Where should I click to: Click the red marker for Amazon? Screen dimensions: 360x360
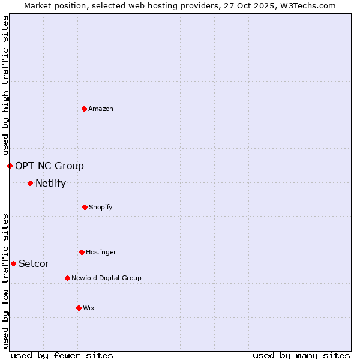click(85, 109)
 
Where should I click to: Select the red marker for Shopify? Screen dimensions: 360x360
click(85, 207)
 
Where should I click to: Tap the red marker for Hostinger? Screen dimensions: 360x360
click(82, 252)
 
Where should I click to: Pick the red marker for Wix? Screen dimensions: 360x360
click(79, 308)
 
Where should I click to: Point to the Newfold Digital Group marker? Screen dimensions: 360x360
click(67, 278)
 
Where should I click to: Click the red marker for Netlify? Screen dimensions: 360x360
click(30, 183)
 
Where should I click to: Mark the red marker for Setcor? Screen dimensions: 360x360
click(13, 263)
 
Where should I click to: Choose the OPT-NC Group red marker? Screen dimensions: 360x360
click(10, 166)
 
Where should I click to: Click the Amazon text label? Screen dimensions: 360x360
click(101, 109)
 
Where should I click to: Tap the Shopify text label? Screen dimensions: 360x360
click(101, 207)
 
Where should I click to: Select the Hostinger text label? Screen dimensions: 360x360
click(101, 252)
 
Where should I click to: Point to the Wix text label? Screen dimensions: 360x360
click(89, 308)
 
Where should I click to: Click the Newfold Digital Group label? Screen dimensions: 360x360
click(106, 278)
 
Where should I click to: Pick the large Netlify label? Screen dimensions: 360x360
click(50, 183)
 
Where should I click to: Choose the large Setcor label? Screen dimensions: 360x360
click(34, 263)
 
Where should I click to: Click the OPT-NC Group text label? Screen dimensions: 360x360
click(49, 166)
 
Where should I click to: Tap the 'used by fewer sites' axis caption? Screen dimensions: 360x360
click(62, 355)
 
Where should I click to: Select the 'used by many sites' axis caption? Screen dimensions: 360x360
click(301, 355)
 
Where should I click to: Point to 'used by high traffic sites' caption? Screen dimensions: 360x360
click(5, 85)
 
